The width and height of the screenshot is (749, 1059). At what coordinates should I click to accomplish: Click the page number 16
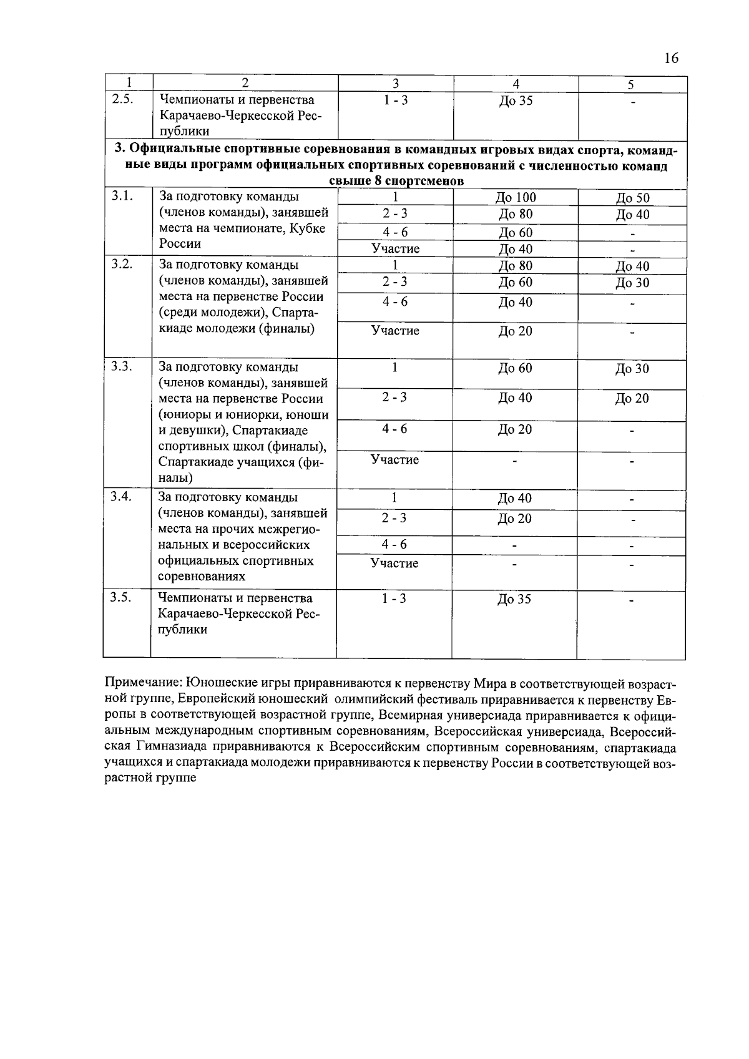[671, 59]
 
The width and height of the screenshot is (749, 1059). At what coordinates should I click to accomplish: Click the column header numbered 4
[516, 84]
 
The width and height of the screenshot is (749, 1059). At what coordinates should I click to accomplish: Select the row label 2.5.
[122, 99]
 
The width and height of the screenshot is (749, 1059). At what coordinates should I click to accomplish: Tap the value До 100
[516, 198]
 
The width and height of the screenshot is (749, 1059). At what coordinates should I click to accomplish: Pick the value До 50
[632, 198]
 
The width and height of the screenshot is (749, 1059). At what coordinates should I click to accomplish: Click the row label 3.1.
[122, 196]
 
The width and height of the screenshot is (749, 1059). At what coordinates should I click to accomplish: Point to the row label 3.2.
[122, 264]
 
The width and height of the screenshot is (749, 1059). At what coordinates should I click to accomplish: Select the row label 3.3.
[122, 366]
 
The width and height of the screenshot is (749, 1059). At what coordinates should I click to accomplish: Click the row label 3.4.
[122, 497]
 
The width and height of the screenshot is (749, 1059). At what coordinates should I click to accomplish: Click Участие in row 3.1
[395, 249]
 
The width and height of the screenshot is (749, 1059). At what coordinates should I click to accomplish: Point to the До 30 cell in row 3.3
[632, 369]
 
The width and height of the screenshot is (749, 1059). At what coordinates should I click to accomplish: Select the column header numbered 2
[245, 83]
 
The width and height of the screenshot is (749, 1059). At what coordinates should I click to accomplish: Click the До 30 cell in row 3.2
[632, 283]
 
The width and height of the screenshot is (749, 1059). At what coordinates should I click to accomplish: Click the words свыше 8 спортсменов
[396, 182]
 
